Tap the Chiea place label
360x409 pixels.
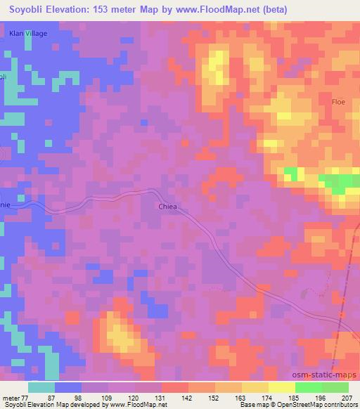168,207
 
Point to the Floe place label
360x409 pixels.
339,102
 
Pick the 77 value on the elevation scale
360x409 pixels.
25,397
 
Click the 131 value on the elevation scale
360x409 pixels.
160,397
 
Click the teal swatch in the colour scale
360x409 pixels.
41,387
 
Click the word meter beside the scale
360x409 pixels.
10,397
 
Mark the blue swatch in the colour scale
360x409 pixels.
68,387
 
